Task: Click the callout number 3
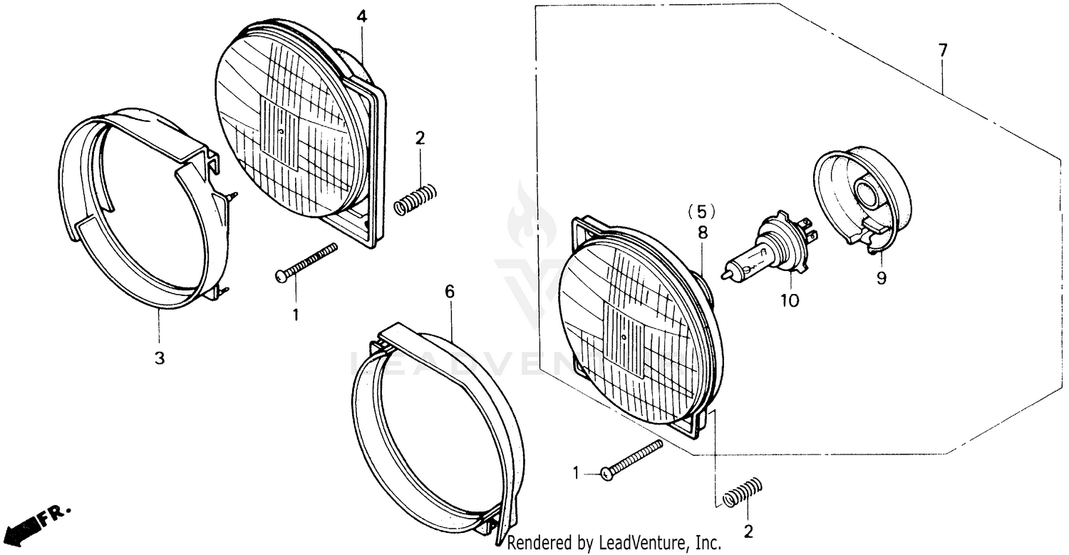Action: tap(160, 358)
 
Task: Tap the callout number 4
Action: tap(362, 16)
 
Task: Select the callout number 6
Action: tap(449, 292)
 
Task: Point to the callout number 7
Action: tap(943, 51)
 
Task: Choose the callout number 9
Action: tap(882, 278)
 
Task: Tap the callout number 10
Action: tap(790, 300)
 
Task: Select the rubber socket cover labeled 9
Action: tap(862, 196)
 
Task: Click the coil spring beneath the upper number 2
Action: tap(415, 198)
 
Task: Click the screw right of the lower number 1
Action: tap(632, 459)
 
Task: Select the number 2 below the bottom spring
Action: tap(748, 531)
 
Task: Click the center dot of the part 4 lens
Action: tap(283, 132)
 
